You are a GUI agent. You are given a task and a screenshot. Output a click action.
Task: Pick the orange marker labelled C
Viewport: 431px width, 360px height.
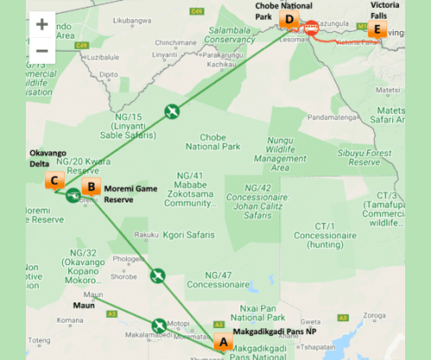tap(53, 181)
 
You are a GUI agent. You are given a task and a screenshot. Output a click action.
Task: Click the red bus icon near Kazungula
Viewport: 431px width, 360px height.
tap(312, 27)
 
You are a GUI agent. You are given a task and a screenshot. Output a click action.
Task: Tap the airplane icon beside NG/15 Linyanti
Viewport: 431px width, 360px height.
tap(172, 110)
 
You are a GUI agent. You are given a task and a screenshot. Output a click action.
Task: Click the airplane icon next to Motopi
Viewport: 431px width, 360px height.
tap(159, 326)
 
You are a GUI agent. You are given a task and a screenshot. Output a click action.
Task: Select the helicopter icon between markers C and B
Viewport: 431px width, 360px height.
tap(72, 196)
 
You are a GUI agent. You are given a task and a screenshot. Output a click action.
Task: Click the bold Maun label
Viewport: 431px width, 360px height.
tap(84, 303)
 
